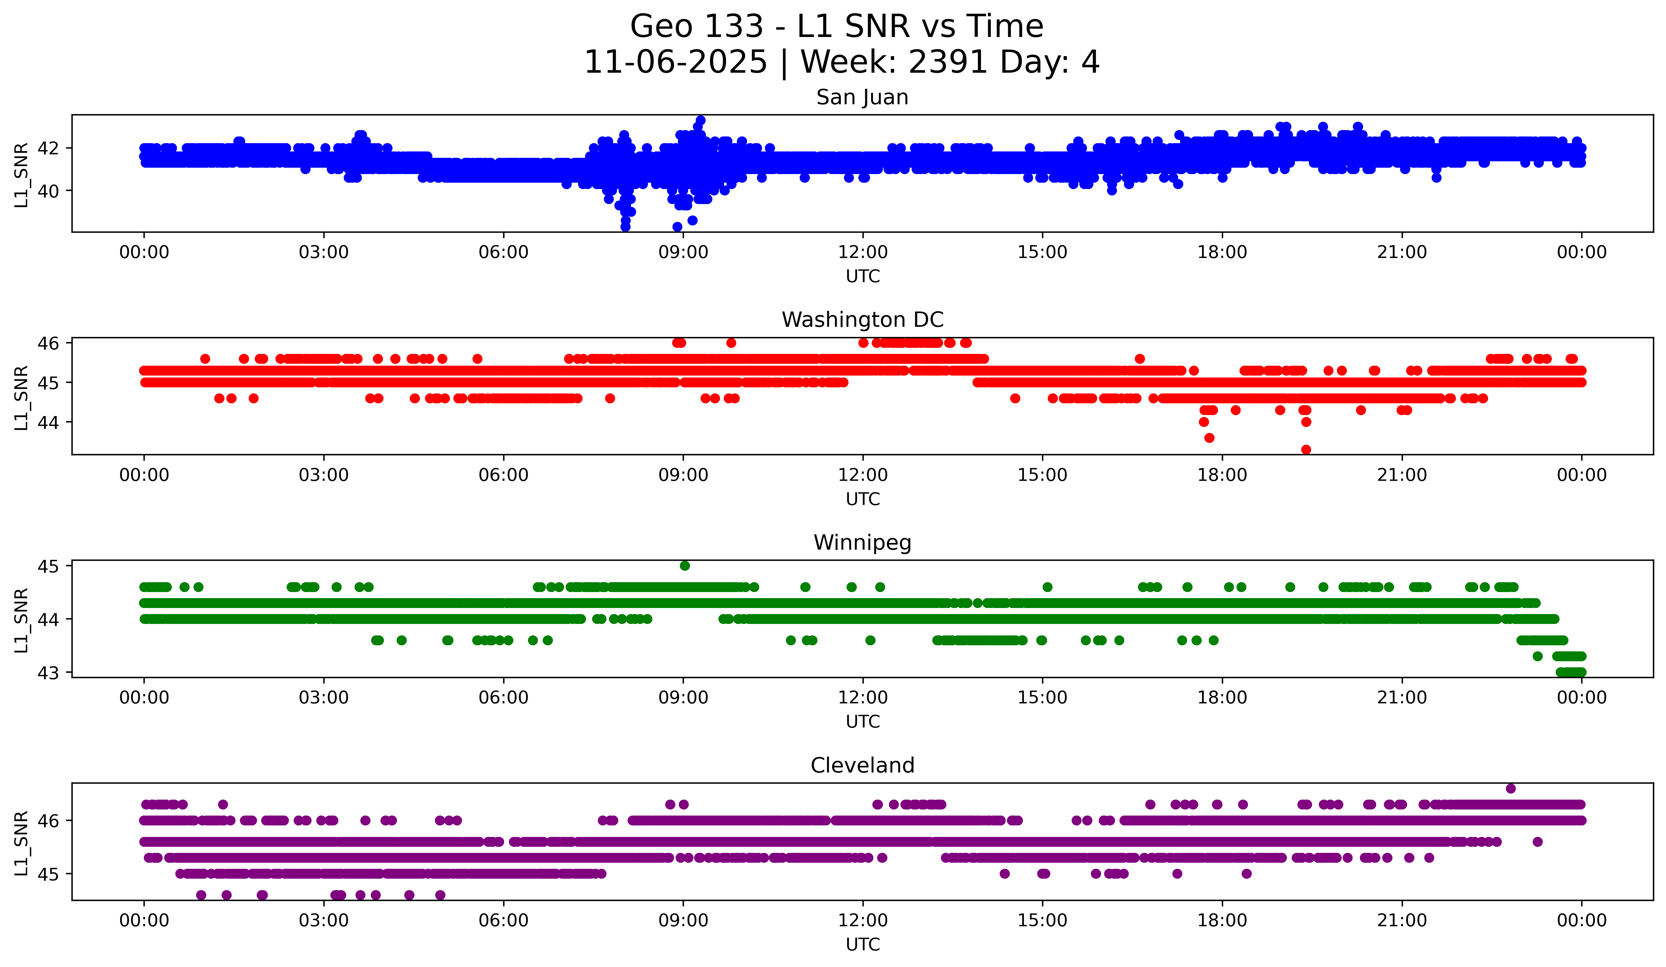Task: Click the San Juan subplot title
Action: point(862,97)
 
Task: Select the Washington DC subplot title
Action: point(862,320)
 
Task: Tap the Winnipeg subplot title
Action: point(862,543)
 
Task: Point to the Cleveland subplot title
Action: point(862,766)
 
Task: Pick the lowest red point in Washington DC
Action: point(1306,450)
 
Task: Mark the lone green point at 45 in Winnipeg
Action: point(685,566)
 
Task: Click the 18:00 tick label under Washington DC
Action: point(1222,475)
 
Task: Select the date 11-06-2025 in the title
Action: point(676,62)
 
